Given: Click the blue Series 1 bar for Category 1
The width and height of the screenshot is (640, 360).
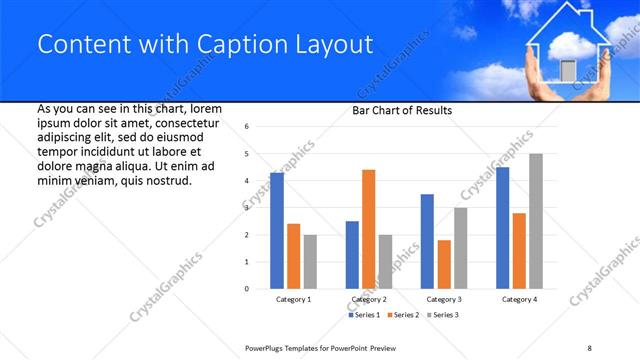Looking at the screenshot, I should (x=277, y=231).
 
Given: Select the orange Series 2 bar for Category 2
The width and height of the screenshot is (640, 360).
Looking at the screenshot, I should (x=368, y=229).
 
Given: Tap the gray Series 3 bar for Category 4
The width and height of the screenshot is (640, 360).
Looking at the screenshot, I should (x=536, y=221).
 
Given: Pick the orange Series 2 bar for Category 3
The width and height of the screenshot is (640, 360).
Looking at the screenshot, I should (x=444, y=264).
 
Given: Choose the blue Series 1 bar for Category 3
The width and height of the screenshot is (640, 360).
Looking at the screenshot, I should (x=427, y=241).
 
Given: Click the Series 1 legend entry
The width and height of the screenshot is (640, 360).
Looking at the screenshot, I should (x=364, y=315).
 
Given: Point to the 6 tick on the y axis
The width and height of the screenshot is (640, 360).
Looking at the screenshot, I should (x=246, y=127).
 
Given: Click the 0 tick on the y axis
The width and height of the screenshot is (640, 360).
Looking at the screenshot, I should (x=246, y=289).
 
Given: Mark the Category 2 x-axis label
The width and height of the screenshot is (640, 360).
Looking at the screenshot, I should (x=369, y=300).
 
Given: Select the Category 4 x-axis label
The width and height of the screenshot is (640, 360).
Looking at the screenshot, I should (x=519, y=300).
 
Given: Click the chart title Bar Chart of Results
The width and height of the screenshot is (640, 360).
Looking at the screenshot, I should (x=402, y=110).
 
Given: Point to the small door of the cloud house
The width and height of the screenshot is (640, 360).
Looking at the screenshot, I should (x=568, y=70).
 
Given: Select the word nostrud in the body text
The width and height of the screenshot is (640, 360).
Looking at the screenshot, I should (x=169, y=180).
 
